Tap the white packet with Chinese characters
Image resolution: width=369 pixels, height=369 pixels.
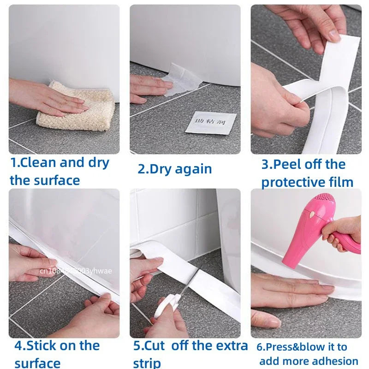point(211,123)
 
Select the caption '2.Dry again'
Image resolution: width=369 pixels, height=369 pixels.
point(174,169)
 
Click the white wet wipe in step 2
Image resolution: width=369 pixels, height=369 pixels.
point(184,81)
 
